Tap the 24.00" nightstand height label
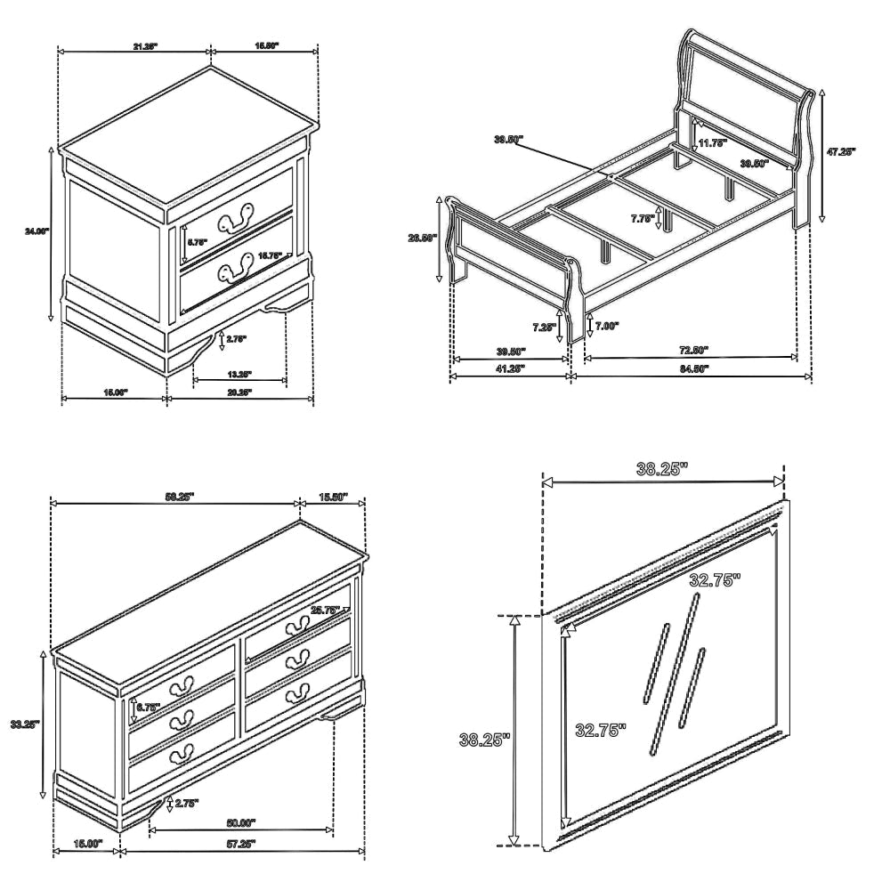tap(36, 231)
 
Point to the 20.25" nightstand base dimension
tap(239, 392)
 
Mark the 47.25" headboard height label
tap(840, 152)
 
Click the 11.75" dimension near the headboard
tap(712, 142)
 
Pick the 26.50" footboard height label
tap(420, 238)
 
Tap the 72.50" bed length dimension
tap(692, 351)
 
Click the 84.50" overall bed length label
tap(692, 369)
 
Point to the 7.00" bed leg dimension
tap(607, 326)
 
